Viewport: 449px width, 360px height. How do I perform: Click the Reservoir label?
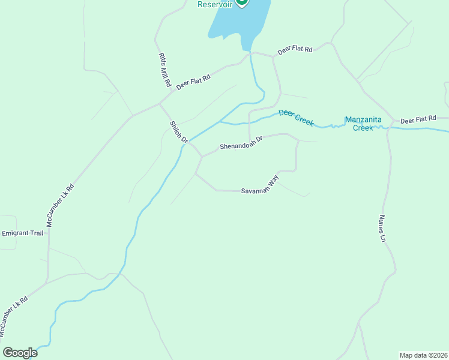click(215, 4)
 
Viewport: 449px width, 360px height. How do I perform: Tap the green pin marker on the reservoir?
click(241, 2)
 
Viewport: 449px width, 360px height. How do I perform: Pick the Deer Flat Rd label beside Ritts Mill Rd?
click(193, 82)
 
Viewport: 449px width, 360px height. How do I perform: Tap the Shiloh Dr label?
click(179, 132)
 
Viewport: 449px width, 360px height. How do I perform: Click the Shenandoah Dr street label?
click(241, 142)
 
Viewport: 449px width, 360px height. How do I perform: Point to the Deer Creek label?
click(296, 117)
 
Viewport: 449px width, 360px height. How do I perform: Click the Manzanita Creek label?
click(363, 124)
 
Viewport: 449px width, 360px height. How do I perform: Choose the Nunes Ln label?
click(382, 229)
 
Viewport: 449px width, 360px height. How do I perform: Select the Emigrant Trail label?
click(23, 233)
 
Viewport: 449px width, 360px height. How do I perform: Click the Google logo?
click(20, 353)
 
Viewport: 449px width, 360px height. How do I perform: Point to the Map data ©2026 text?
click(423, 355)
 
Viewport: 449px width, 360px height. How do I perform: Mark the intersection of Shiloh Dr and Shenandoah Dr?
click(202, 157)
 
